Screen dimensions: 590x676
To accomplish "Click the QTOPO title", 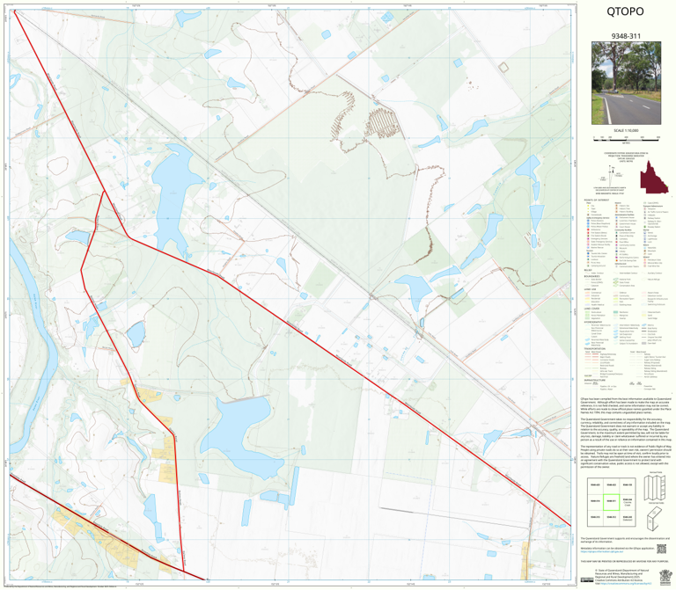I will click(625, 13).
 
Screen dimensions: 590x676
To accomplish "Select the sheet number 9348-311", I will click(625, 36).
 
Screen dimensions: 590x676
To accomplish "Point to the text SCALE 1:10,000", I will click(625, 131).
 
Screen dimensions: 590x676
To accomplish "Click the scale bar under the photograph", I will click(625, 139).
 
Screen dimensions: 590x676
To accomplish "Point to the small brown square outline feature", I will click(504, 68).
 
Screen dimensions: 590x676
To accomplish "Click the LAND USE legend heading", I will click(588, 288).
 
